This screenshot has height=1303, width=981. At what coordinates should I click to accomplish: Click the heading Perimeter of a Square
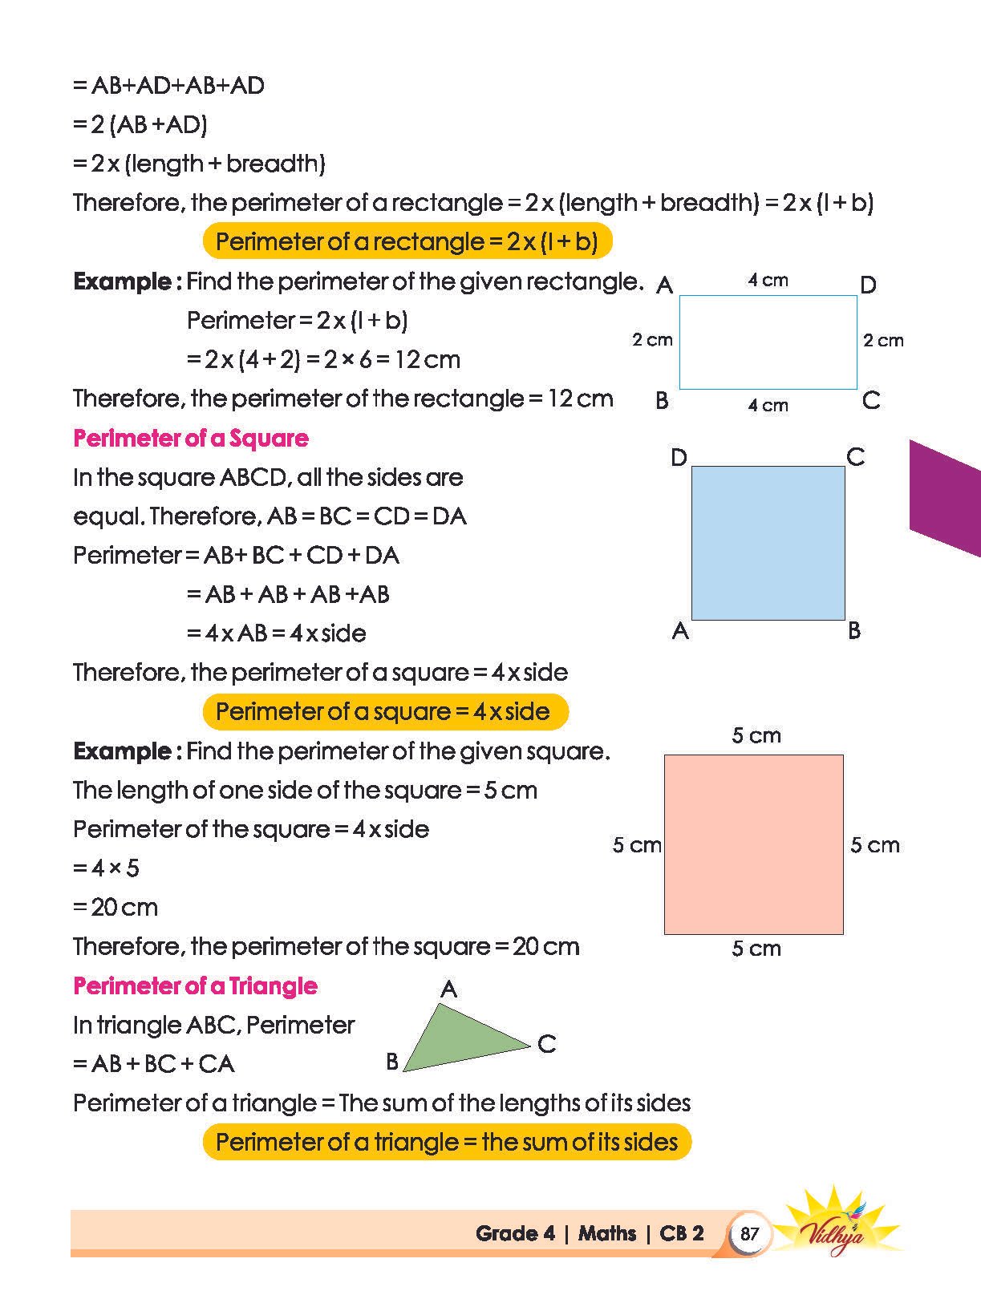tap(191, 439)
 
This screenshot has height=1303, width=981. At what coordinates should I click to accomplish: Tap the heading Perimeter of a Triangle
tap(195, 985)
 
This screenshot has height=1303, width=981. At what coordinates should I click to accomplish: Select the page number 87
tap(749, 1233)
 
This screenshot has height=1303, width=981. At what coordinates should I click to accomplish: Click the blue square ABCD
tap(768, 543)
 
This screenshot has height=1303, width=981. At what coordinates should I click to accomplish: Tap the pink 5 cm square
tap(753, 844)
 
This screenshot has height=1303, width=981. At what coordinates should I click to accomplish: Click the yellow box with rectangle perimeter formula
tap(407, 241)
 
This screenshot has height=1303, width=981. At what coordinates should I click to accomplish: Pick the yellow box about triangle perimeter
tap(447, 1142)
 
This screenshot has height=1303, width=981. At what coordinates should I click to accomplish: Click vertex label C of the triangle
tap(547, 1044)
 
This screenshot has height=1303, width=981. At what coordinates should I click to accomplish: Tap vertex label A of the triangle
tap(448, 989)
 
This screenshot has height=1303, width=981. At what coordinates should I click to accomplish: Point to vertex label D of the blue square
tap(679, 458)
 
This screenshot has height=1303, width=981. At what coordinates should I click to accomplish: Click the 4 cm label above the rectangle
tap(768, 281)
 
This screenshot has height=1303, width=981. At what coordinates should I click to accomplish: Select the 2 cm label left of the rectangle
tap(652, 340)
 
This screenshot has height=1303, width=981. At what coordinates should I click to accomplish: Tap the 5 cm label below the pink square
tap(756, 949)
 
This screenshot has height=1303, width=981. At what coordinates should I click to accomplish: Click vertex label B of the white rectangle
tap(662, 400)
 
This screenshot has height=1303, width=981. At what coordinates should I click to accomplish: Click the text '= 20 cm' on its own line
tap(116, 907)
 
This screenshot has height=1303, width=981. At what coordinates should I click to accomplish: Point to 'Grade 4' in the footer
tap(515, 1233)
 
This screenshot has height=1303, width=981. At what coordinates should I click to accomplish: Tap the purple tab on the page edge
tap(947, 497)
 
